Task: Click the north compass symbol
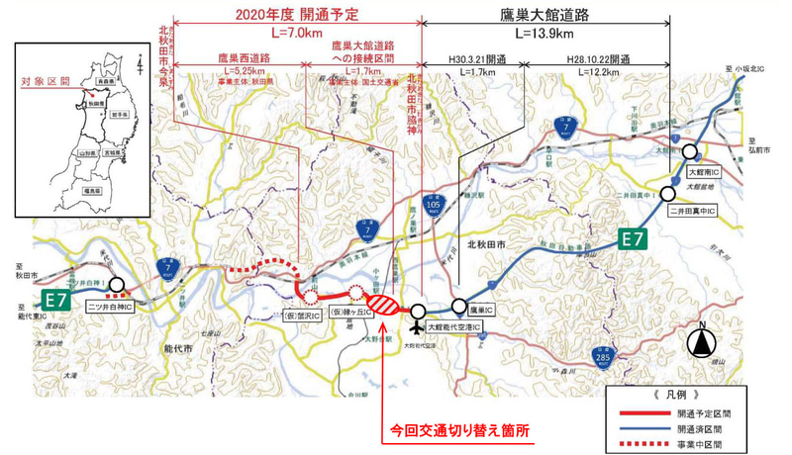(x=701, y=344)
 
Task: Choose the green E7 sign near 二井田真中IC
(x=635, y=239)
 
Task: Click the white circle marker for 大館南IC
(x=692, y=152)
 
